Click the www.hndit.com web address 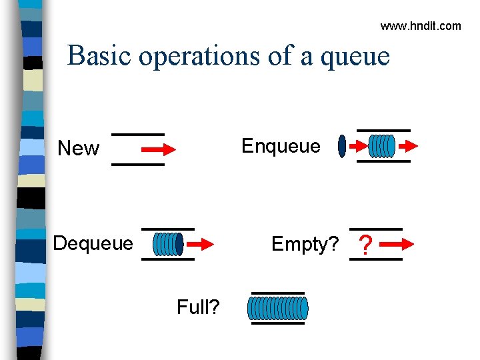[420, 26]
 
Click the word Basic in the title [100, 55]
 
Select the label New [78, 148]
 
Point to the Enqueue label [281, 146]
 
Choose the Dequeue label [93, 243]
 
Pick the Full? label [199, 307]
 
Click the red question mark [365, 246]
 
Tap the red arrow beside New [160, 149]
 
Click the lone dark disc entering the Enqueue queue [343, 146]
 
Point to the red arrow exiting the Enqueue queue [407, 145]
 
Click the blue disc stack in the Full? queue [278, 308]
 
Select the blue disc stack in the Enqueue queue [382, 146]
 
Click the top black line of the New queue [137, 134]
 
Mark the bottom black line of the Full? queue [277, 323]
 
